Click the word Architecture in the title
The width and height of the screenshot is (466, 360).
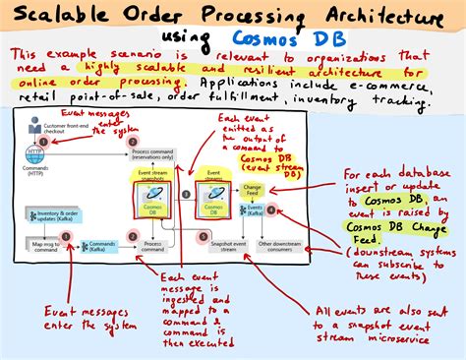pos(368,17)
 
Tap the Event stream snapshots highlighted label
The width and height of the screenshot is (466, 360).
pos(150,178)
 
